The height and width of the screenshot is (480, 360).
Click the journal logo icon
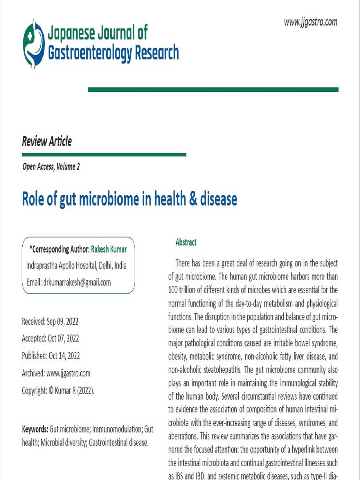point(34,44)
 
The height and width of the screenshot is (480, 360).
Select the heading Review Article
point(47,141)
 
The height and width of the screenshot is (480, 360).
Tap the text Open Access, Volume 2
point(51,167)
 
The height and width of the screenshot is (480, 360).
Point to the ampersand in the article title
point(193,199)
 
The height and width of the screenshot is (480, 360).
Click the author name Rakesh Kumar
point(109,249)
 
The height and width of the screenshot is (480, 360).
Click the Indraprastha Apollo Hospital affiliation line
point(76,266)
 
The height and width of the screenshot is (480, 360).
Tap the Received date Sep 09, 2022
point(62,322)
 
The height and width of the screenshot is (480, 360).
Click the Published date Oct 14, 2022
point(64,356)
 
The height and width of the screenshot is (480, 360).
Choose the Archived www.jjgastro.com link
point(68,373)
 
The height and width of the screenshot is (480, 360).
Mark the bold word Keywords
point(35,429)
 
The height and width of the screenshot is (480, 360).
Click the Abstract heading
point(186,242)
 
